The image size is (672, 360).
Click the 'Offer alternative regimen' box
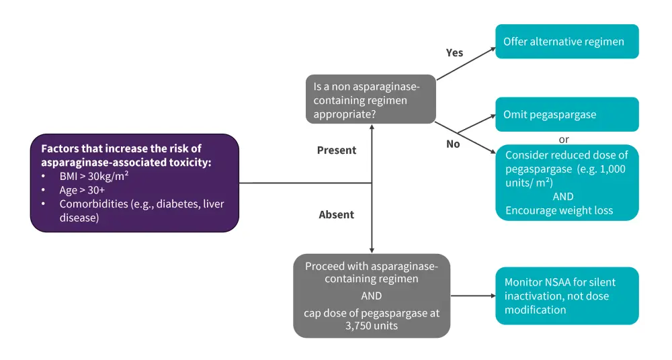click(566, 42)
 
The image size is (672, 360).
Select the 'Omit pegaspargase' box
click(566, 114)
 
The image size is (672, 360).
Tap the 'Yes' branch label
click(454, 52)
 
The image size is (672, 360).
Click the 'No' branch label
click(453, 144)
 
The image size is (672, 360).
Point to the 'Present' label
click(337, 150)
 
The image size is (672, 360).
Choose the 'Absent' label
click(336, 215)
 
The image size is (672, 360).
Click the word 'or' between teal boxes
click(564, 139)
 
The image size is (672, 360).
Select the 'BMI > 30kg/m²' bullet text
click(95, 175)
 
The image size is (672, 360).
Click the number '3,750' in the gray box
click(359, 326)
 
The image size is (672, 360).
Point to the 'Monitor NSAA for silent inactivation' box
click(566, 296)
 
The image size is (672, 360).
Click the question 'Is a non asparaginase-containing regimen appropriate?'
click(370, 100)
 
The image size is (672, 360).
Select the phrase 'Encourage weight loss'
click(559, 210)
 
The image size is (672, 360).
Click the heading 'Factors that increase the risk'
click(121, 148)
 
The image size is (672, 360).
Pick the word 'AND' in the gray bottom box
click(371, 296)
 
